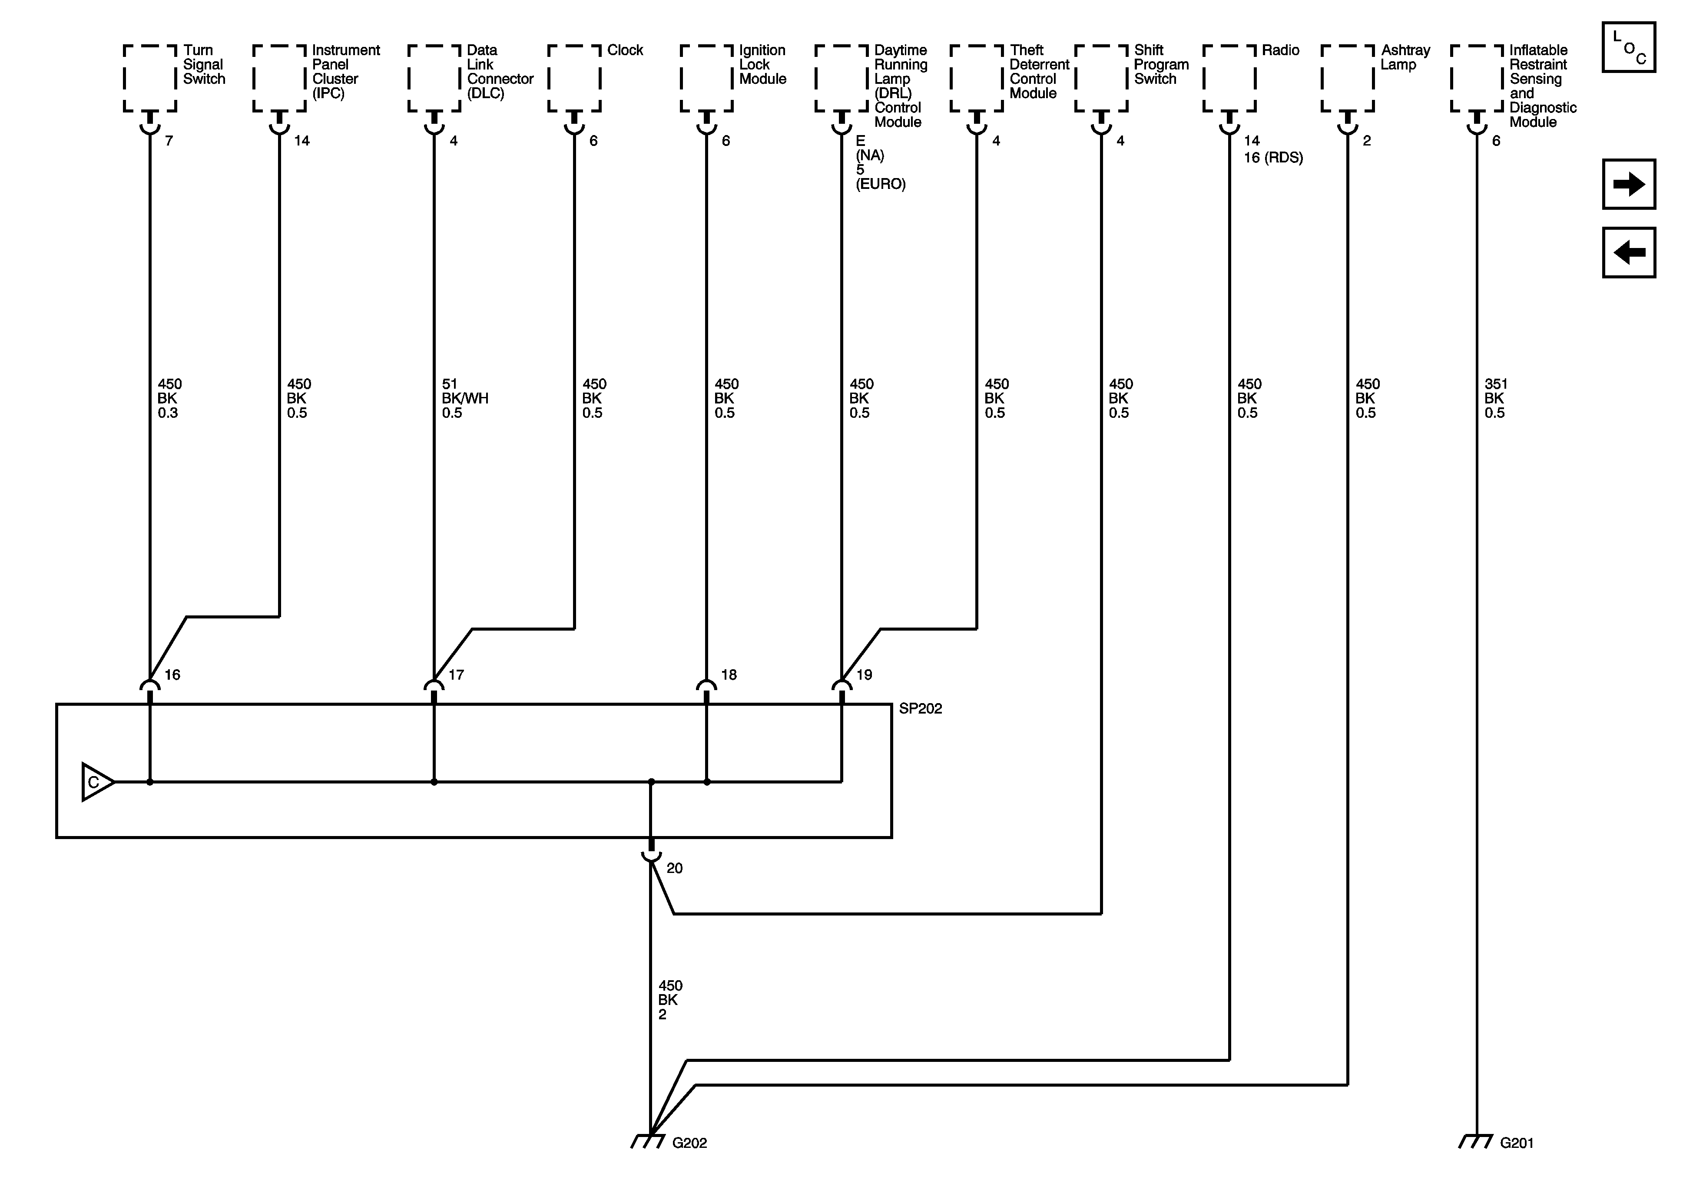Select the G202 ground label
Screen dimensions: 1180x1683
pyautogui.click(x=689, y=1143)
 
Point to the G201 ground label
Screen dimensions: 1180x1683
pyautogui.click(x=1517, y=1143)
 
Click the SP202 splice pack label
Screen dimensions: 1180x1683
pyautogui.click(x=920, y=709)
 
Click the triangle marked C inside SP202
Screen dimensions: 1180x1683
pyautogui.click(x=96, y=782)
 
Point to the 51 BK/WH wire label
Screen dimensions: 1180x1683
pyautogui.click(x=465, y=398)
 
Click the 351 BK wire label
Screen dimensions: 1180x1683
pyautogui.click(x=1495, y=398)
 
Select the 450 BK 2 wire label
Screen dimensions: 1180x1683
pyautogui.click(x=670, y=1000)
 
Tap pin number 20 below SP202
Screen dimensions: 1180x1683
pyautogui.click(x=674, y=869)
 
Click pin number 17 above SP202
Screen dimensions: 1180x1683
pyautogui.click(x=456, y=675)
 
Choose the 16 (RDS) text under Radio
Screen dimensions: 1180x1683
pyautogui.click(x=1273, y=158)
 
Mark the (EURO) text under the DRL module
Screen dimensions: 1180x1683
pyautogui.click(x=880, y=184)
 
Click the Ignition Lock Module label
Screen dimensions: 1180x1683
pyautogui.click(x=762, y=65)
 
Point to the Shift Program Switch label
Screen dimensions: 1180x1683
pyautogui.click(x=1161, y=65)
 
